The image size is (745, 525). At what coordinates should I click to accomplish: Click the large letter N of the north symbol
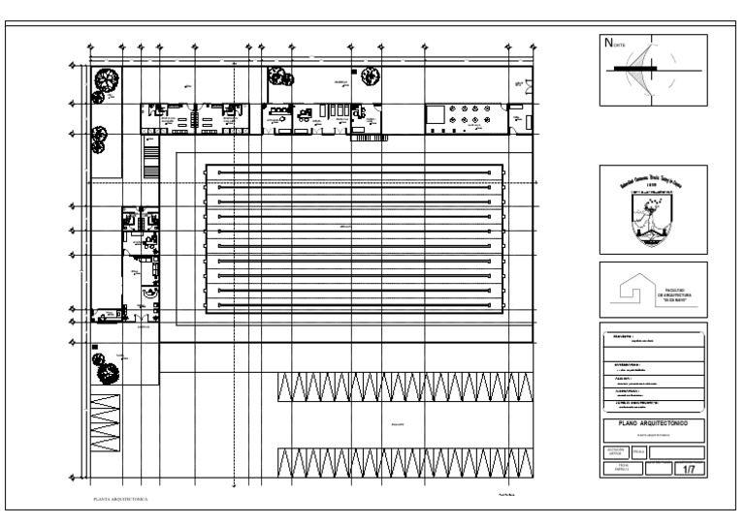pyautogui.click(x=608, y=42)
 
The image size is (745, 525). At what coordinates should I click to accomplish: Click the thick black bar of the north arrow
pyautogui.click(x=634, y=69)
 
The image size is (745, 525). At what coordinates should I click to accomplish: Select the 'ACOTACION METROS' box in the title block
pyautogui.click(x=615, y=452)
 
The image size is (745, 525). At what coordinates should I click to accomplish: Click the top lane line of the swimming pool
pyautogui.click(x=353, y=172)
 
